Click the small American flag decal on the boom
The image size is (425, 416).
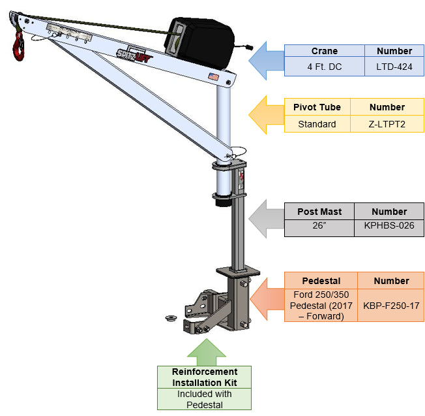coord(212,77)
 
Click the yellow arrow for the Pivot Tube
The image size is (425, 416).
coord(267,114)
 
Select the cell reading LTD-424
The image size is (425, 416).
coord(394,66)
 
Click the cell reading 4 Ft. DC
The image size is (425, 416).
coord(324,66)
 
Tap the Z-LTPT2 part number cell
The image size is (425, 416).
coord(387,123)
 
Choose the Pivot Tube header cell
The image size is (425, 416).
coord(317,107)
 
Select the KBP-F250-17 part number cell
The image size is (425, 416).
coord(392,305)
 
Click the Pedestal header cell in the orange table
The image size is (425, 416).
coord(321,281)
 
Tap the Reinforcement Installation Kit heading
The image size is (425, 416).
coord(204,377)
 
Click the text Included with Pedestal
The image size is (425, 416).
coord(204,399)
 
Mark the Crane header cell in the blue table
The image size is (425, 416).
coord(324,51)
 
